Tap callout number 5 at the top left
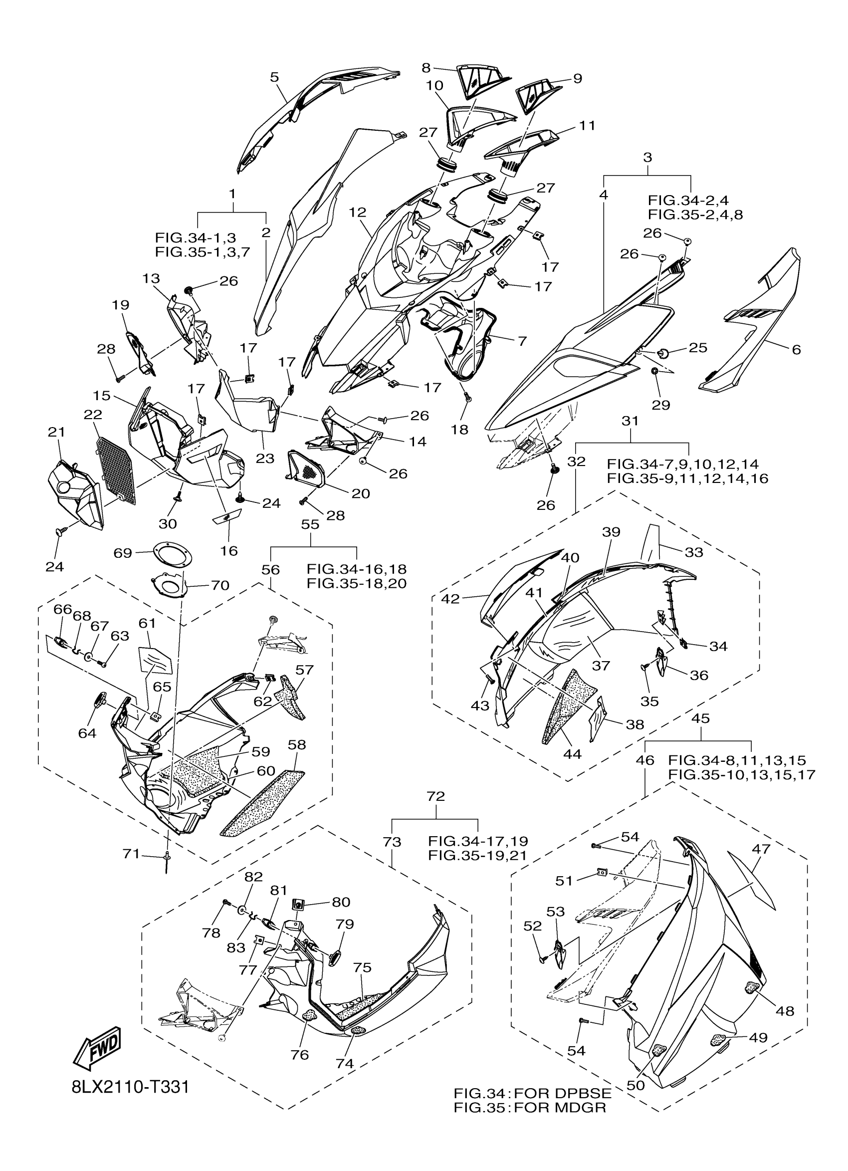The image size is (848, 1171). coord(274,77)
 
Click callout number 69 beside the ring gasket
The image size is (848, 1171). coord(123,553)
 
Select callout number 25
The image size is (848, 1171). coord(698,347)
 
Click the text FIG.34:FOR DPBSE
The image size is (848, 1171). coord(533,1093)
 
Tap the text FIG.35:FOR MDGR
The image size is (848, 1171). coord(530,1108)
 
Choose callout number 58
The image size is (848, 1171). coord(297,744)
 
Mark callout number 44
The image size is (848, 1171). coord(572,754)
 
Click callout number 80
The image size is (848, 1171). coord(341,902)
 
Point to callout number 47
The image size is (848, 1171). coord(761,848)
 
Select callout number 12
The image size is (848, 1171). coord(357,212)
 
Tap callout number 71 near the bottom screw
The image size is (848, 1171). coord(131,854)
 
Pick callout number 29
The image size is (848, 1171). coord(660,405)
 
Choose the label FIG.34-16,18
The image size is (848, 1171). coord(357,569)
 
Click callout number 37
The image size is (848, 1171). coord(601,666)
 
